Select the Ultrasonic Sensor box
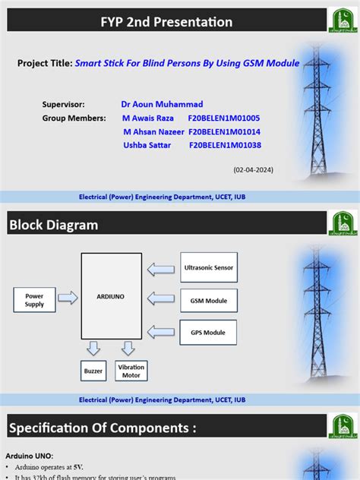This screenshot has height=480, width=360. pyautogui.click(x=209, y=267)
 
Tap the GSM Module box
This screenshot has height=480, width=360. pyautogui.click(x=208, y=300)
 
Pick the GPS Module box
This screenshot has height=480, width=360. pyautogui.click(x=208, y=333)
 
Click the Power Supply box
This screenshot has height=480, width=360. pyautogui.click(x=34, y=300)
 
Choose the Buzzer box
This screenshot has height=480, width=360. pyautogui.click(x=93, y=371)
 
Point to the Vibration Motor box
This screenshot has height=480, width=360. pyautogui.click(x=131, y=371)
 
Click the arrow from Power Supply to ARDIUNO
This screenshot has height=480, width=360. pyautogui.click(x=68, y=298)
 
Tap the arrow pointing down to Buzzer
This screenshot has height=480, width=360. pyautogui.click(x=93, y=349)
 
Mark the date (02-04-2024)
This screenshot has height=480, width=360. pyautogui.click(x=254, y=169)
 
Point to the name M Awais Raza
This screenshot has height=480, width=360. pyautogui.click(x=148, y=118)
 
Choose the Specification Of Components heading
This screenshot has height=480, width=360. pyautogui.click(x=103, y=429)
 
